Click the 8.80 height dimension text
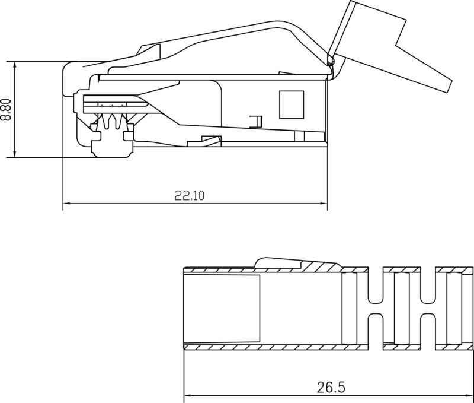click(x=6, y=110)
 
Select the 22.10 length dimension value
click(x=189, y=195)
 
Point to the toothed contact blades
click(x=113, y=122)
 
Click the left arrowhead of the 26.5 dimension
click(x=188, y=396)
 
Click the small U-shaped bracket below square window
click(x=255, y=121)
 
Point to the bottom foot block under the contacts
click(x=111, y=145)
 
